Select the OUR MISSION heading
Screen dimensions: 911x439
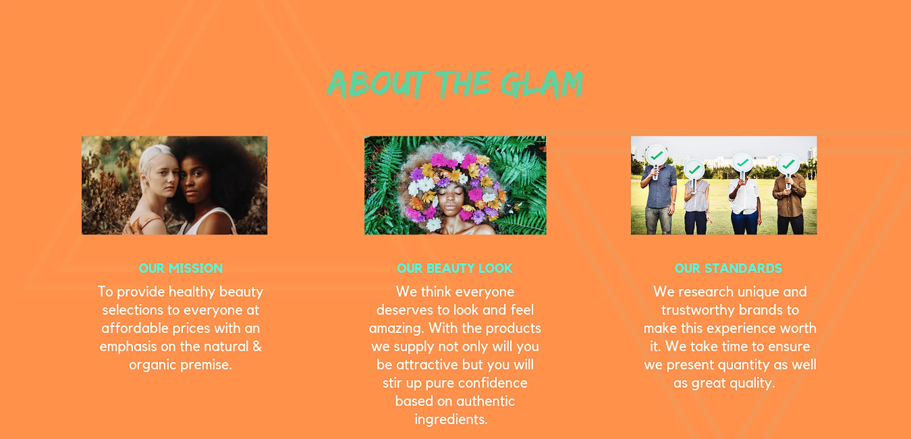(x=181, y=268)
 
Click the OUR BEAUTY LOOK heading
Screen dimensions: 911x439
(x=455, y=268)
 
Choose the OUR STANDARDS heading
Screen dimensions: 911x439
(x=728, y=268)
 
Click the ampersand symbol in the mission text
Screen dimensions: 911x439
(x=257, y=346)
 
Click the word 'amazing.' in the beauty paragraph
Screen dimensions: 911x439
(x=396, y=328)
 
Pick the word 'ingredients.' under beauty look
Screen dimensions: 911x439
(x=451, y=419)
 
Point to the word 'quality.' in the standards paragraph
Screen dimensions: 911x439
(x=752, y=383)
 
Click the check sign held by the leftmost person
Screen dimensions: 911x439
(x=656, y=156)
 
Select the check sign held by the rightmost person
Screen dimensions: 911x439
(x=788, y=164)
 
